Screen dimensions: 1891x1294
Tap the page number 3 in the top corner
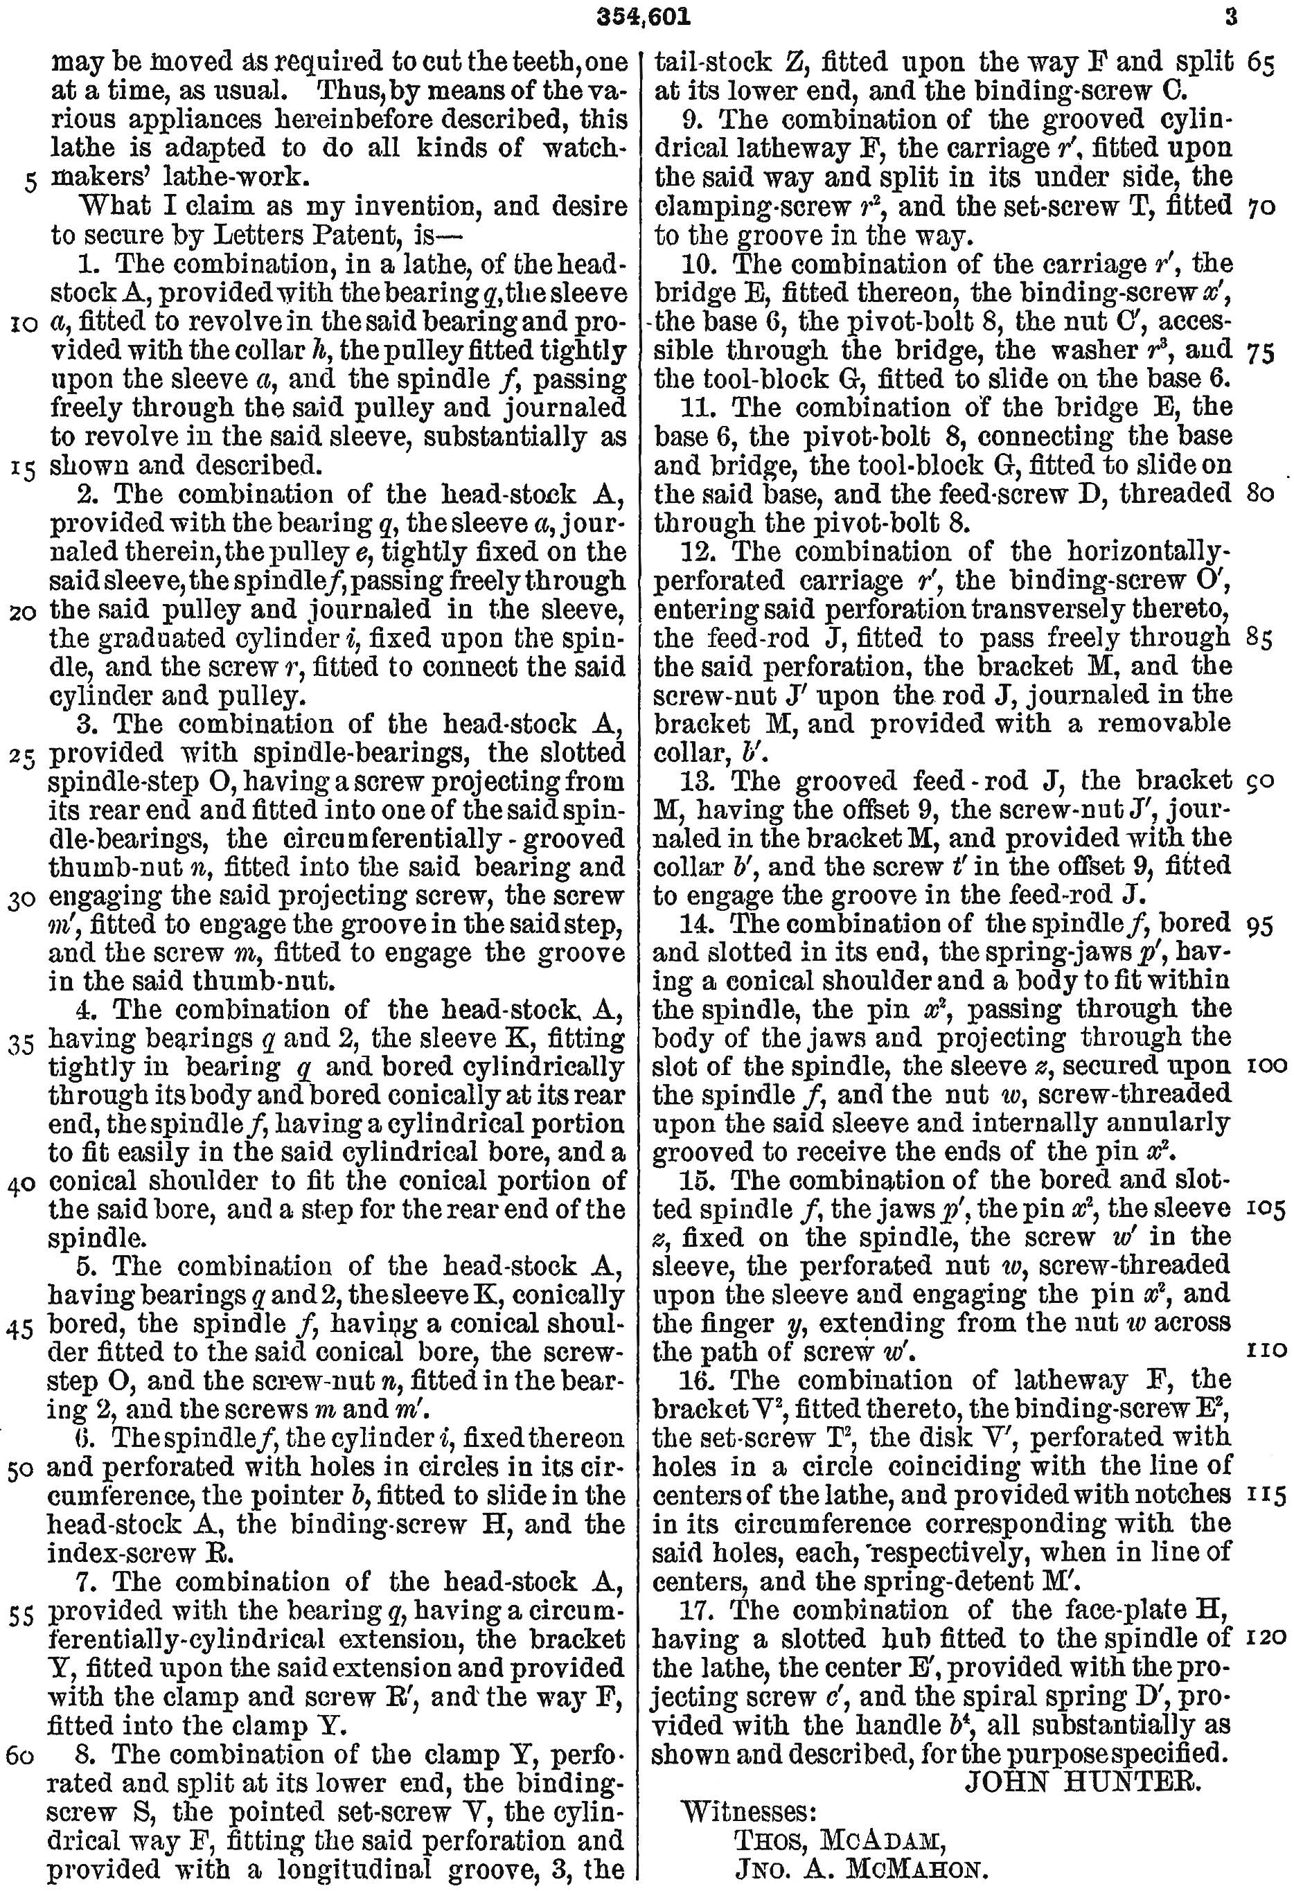pos(1230,15)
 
